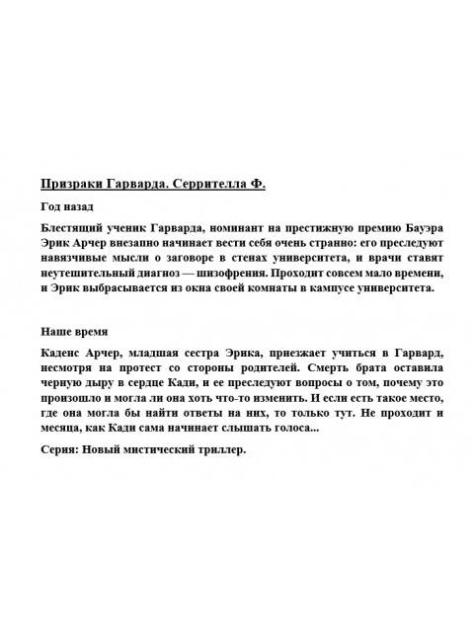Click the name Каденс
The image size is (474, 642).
[64, 354]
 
